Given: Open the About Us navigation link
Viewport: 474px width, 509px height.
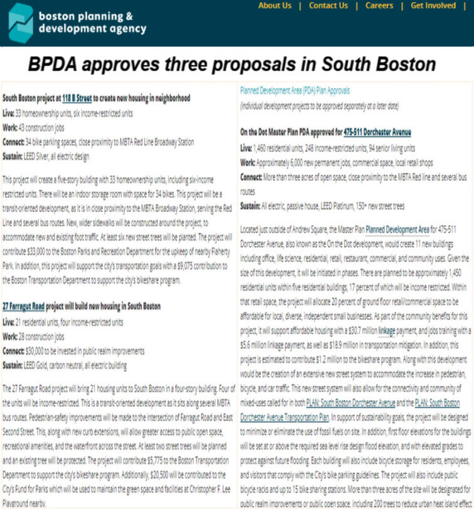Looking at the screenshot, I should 275,6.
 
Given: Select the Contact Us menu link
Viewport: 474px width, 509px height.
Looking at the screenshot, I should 328,6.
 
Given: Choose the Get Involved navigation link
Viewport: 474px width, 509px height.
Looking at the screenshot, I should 433,6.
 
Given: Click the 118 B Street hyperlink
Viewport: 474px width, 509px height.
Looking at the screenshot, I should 77,98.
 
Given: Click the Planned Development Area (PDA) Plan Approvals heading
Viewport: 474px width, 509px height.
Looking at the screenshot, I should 294,90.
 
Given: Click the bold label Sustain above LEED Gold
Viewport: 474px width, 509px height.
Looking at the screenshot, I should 16,364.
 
